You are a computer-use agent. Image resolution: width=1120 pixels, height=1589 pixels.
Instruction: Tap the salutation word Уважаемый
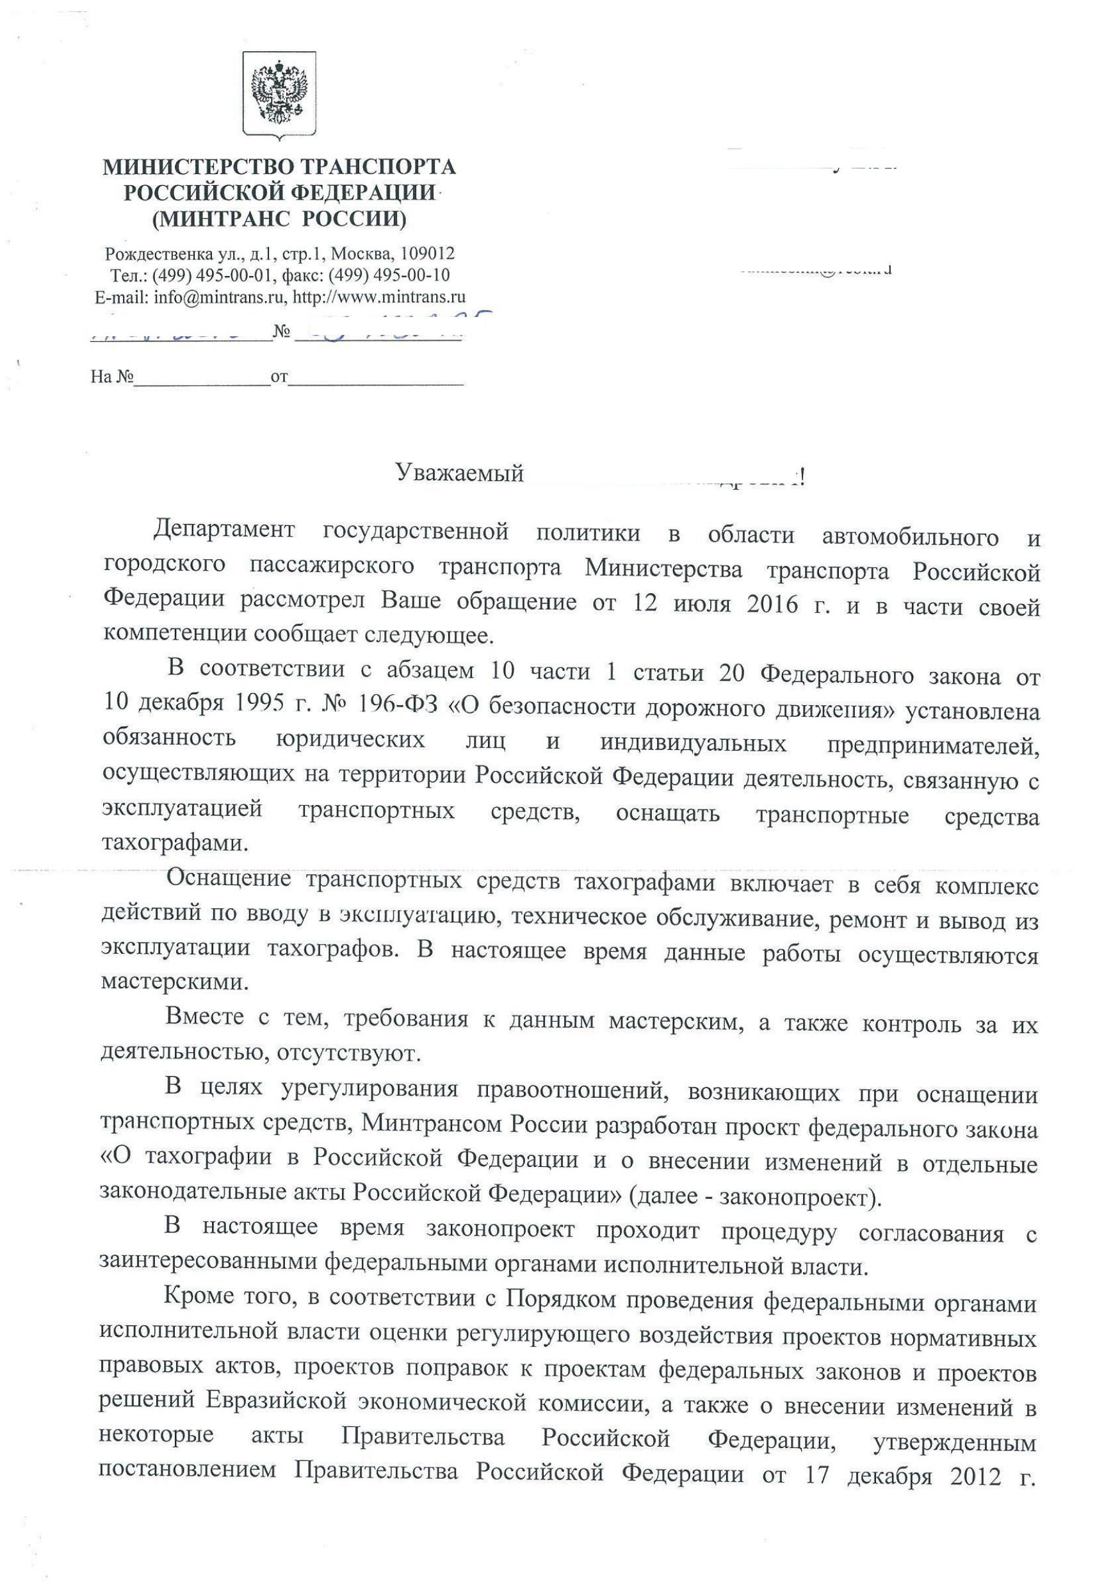coord(459,473)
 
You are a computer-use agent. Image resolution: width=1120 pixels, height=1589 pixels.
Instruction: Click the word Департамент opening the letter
coord(224,532)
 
